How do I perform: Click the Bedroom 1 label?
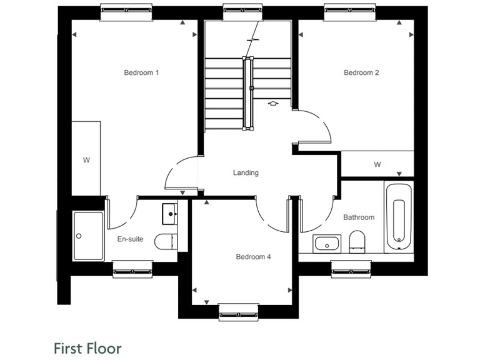tap(141, 72)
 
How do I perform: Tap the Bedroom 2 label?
tap(361, 72)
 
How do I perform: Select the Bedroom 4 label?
tap(253, 256)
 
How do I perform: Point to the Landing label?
tap(246, 173)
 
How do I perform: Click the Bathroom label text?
tap(359, 217)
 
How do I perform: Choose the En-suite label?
tap(130, 239)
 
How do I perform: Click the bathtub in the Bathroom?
tap(398, 216)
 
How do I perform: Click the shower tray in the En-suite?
tap(87, 236)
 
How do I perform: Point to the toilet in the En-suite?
tap(166, 241)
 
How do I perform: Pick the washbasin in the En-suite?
tap(170, 213)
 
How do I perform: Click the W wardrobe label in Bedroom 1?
tap(86, 160)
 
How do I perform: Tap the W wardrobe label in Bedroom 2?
tap(377, 165)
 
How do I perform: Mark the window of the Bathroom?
tap(351, 267)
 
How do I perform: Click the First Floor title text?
tap(87, 347)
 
